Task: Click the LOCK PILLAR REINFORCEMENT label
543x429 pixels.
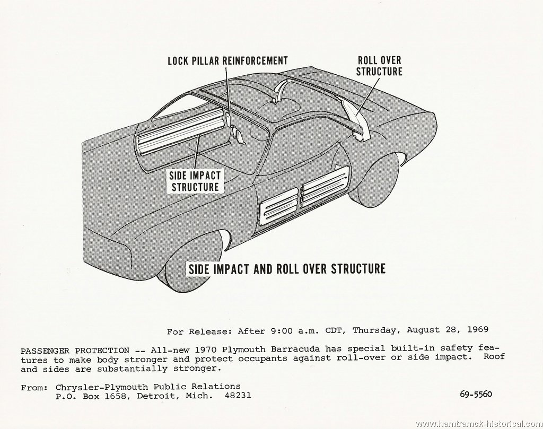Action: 227,60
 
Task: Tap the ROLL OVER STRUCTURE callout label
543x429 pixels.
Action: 379,66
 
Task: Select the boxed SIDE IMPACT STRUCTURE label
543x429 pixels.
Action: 195,181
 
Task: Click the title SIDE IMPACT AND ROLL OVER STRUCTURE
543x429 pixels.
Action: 286,269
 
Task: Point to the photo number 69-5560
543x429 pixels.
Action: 476,394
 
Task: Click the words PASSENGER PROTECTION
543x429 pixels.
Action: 75,351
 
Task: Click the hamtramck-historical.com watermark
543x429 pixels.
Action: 479,424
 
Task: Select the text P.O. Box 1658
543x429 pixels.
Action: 92,396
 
